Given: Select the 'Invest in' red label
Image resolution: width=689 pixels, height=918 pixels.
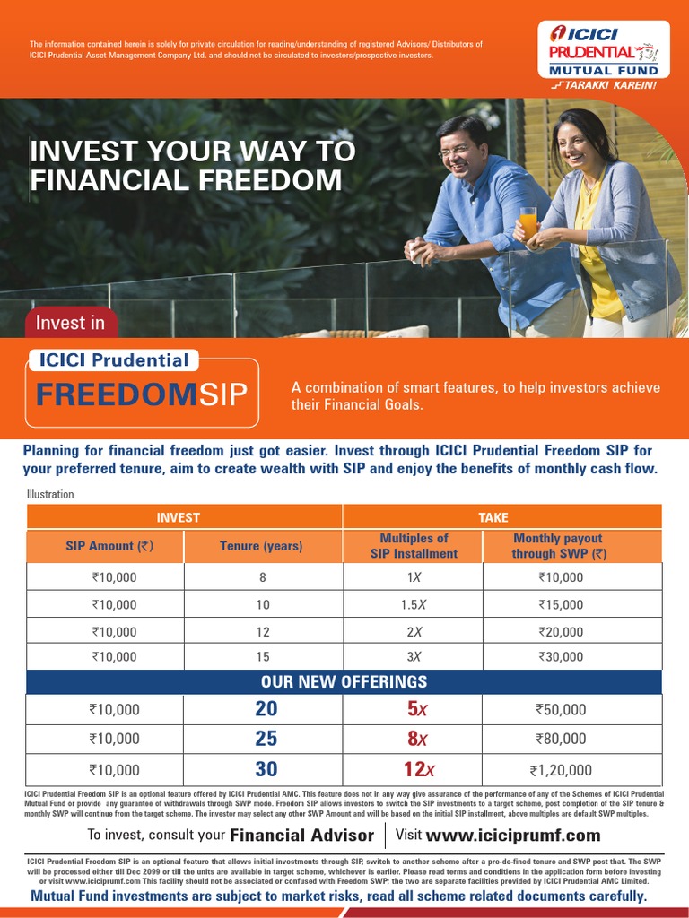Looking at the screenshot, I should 71,323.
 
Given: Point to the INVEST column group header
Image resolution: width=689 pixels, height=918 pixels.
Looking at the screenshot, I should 179,517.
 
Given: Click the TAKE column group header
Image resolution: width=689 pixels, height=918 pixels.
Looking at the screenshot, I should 493,517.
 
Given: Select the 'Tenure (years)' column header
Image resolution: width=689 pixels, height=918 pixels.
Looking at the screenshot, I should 261,546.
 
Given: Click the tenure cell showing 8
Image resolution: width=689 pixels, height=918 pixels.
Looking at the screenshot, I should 263,578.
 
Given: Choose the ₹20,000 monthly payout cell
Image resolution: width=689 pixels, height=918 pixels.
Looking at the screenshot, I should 561,631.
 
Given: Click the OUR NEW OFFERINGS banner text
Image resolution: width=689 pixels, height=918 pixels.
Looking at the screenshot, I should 344,681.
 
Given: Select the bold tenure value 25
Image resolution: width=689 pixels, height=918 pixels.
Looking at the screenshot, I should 266,739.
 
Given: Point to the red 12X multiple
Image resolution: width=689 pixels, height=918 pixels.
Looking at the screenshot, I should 419,769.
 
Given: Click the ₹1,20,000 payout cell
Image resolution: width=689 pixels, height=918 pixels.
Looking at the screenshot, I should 561,769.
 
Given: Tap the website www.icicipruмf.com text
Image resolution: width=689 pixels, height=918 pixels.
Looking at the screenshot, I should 513,836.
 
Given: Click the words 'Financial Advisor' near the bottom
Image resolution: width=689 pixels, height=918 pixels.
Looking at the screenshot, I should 302,836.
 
